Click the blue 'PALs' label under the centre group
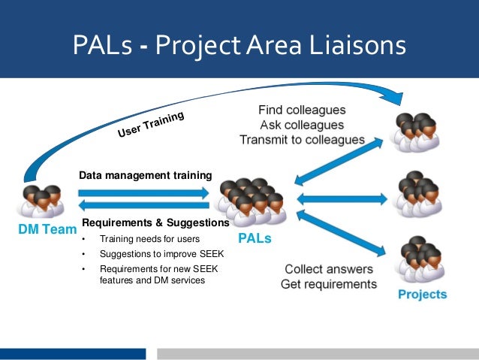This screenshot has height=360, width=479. [254, 239]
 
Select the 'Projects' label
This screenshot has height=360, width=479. [422, 294]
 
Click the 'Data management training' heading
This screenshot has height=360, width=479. [146, 176]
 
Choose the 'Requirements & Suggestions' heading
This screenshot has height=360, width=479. [155, 223]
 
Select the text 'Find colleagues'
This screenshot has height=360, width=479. [302, 110]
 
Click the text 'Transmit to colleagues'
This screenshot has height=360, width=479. [302, 139]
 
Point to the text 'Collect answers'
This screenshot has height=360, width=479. [328, 269]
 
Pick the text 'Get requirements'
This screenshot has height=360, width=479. [328, 284]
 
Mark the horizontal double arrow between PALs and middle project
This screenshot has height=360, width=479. [342, 199]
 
